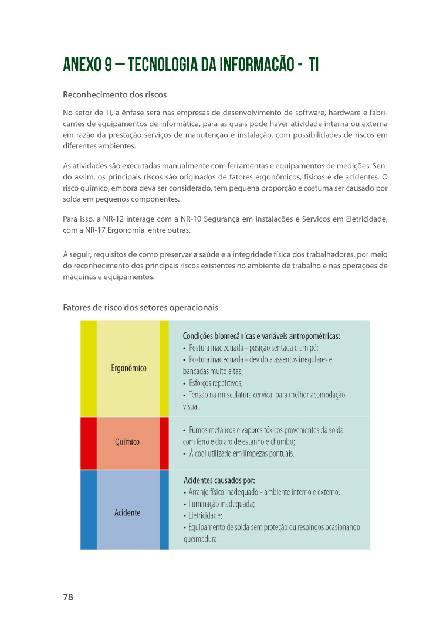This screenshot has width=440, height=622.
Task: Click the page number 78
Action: point(68,597)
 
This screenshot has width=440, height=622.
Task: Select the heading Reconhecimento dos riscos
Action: point(114,94)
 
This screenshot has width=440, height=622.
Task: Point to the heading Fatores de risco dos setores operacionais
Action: point(140,307)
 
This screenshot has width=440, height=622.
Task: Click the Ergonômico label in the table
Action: point(128,368)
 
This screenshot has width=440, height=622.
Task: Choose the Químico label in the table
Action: point(127,442)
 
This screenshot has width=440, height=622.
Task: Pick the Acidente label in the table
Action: point(127,512)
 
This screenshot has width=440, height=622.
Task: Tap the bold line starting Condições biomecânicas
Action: point(261,336)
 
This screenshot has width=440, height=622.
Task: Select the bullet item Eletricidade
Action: point(205,516)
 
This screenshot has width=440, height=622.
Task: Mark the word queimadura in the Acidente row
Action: point(201,539)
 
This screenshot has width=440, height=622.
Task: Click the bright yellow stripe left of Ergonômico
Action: point(88,368)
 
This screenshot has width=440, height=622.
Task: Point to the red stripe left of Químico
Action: point(88,443)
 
